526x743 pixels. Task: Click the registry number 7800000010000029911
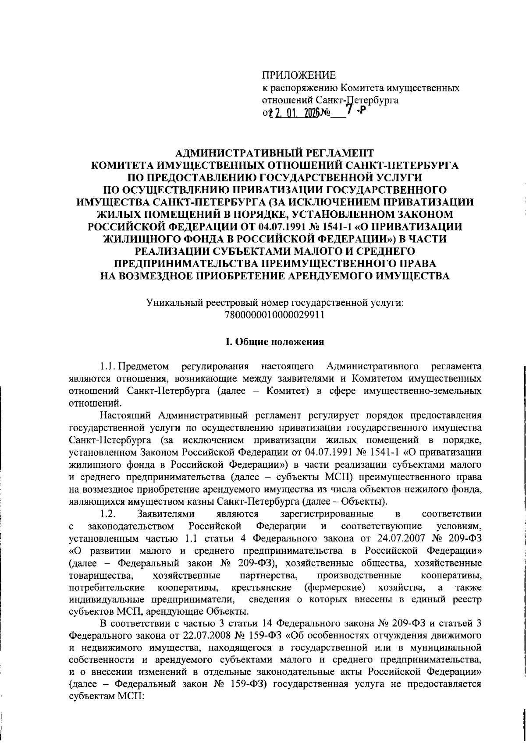(274, 315)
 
